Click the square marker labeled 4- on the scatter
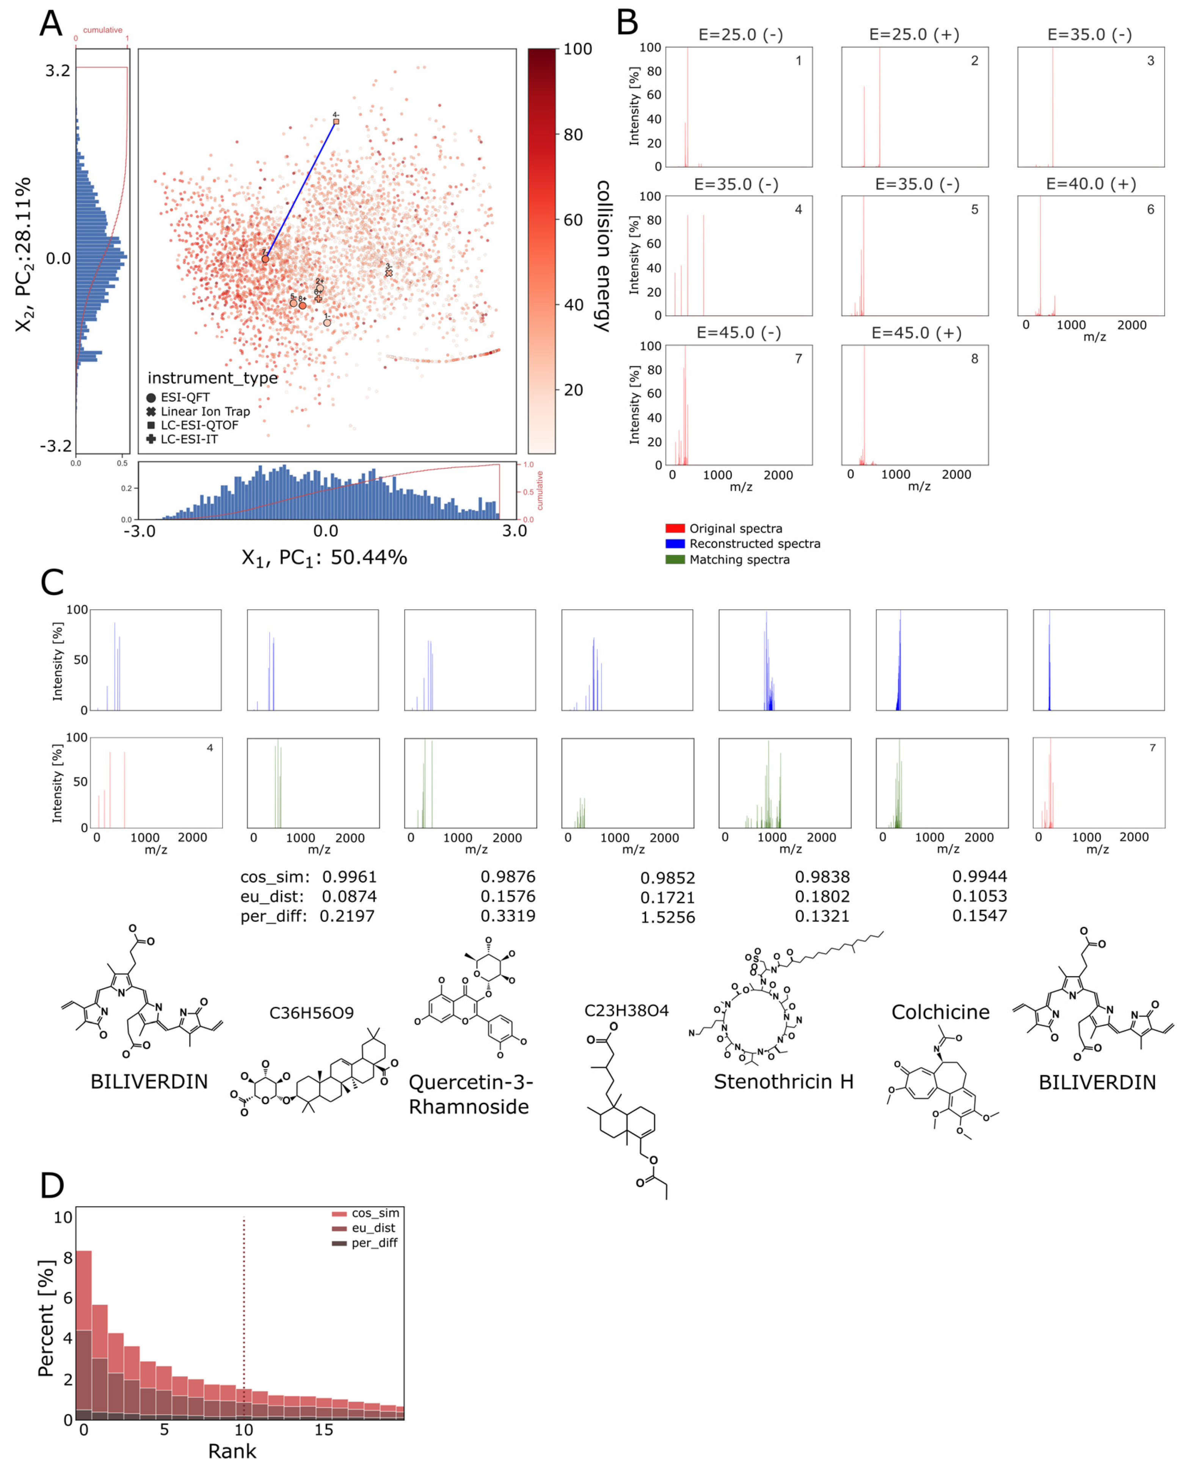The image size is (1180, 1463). point(336,122)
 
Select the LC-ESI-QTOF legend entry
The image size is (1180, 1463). point(199,425)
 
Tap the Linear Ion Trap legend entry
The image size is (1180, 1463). point(205,411)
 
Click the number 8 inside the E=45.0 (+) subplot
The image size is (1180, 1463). point(974,359)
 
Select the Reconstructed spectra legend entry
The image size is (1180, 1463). point(755,544)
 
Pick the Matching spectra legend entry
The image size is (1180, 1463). point(739,559)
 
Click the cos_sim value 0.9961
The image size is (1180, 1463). point(349,877)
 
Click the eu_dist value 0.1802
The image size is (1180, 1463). point(822,897)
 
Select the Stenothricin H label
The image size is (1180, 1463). point(783,1082)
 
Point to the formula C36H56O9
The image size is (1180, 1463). point(311,1013)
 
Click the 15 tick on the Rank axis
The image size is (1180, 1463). point(323,1430)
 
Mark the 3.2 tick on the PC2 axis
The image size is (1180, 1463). point(57,71)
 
